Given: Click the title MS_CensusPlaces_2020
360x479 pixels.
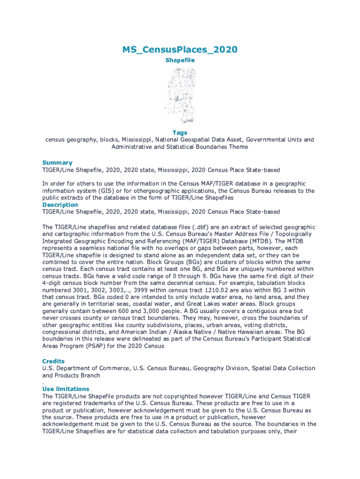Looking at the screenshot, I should click(x=180, y=50).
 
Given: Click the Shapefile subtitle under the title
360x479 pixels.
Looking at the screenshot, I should click(x=180, y=60).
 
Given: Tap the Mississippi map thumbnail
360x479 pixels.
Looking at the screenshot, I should click(x=180, y=96).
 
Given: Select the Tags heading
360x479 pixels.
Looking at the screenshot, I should click(x=180, y=133).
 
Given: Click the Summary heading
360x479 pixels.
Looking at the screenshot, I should click(x=58, y=163).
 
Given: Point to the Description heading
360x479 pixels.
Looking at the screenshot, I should click(x=60, y=205).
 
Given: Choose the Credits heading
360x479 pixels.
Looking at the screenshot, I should click(x=53, y=361).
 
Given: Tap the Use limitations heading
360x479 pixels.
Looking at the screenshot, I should click(x=65, y=389).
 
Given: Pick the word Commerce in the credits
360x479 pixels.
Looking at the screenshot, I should click(x=114, y=368).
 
